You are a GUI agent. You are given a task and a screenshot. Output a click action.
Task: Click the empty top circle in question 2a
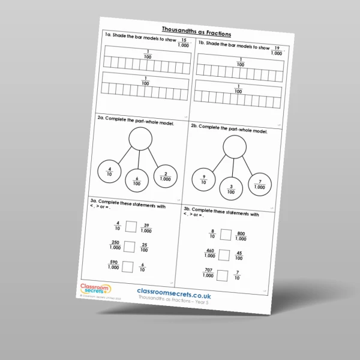tap(139, 140)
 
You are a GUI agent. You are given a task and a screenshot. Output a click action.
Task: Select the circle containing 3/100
tap(230, 189)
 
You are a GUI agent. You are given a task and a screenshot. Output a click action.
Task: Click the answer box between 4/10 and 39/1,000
tap(131, 227)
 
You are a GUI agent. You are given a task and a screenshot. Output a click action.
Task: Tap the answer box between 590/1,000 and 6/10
tap(128, 266)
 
